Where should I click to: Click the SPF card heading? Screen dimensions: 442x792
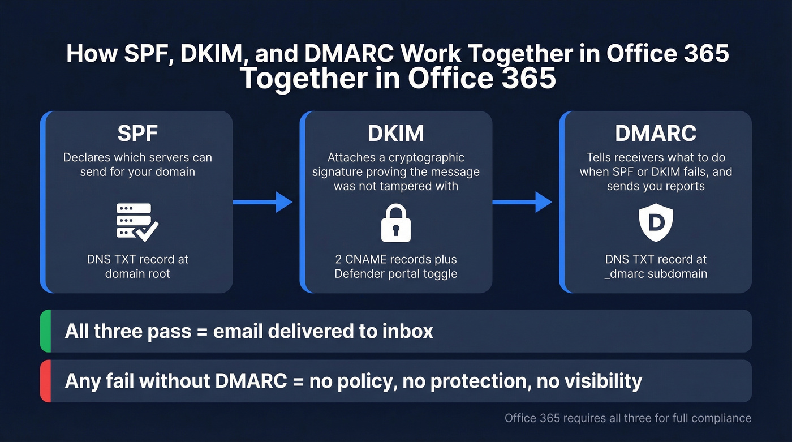pos(137,133)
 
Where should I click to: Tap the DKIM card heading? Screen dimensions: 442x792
pos(396,133)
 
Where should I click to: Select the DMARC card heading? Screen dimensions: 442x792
pos(656,133)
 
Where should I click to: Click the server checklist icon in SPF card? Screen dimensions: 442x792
pos(137,221)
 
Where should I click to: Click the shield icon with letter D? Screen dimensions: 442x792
pos(656,222)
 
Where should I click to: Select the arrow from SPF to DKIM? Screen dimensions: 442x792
pos(263,201)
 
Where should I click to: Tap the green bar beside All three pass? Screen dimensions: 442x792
pos(46,331)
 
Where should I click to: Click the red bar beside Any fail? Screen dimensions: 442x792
pos(46,381)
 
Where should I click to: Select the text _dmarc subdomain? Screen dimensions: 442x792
pos(656,274)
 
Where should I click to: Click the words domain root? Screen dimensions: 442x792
pos(137,274)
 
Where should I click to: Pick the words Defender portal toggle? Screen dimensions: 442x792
pos(396,274)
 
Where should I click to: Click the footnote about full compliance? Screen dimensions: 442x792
pos(628,418)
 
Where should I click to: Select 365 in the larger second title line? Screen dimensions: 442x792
pos(529,79)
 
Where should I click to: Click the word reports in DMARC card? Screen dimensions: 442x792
pos(683,186)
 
